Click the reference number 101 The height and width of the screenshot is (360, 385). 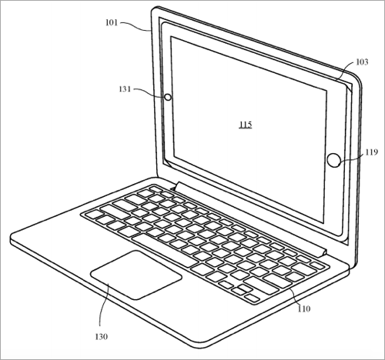(112, 23)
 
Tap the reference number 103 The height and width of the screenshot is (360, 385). (362, 62)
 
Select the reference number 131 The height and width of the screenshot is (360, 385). (125, 89)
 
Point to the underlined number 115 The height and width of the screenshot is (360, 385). (246, 125)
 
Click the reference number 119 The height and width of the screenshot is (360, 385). (372, 152)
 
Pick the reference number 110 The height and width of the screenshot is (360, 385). (304, 308)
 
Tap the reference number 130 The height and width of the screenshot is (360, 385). (102, 336)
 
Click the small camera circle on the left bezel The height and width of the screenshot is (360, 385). (168, 97)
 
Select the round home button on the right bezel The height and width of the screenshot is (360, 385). (334, 160)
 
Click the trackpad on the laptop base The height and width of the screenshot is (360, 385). (136, 275)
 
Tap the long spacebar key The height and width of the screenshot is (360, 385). (165, 250)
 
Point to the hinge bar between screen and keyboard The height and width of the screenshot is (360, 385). (250, 218)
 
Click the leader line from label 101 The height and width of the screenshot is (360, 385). (136, 25)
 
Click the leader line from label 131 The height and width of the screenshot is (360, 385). (149, 92)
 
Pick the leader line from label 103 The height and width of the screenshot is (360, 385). (344, 71)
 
